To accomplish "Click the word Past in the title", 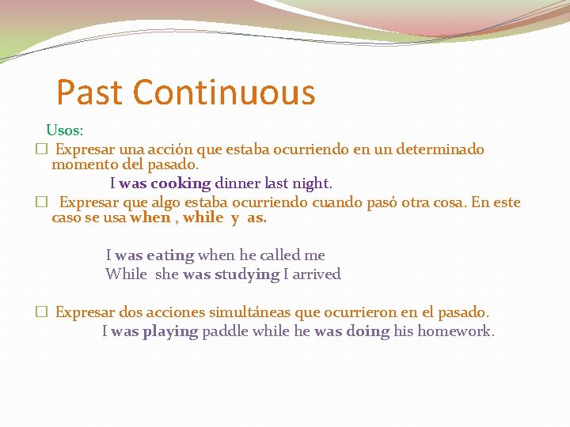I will coord(90,93).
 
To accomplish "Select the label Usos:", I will coord(65,129).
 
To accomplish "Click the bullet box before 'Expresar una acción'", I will coord(40,149).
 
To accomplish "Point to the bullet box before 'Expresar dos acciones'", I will coord(40,313).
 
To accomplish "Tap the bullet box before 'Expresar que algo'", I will coord(40,202).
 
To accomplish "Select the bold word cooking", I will coord(180,183).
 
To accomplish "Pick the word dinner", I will coord(237,183).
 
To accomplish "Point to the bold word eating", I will coord(170,255).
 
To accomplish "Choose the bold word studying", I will coord(247,274).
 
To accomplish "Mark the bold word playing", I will coord(170,331).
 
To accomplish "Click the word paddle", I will coord(225,331).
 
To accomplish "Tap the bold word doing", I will coord(367,331).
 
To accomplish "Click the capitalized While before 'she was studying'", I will coord(126,274).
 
